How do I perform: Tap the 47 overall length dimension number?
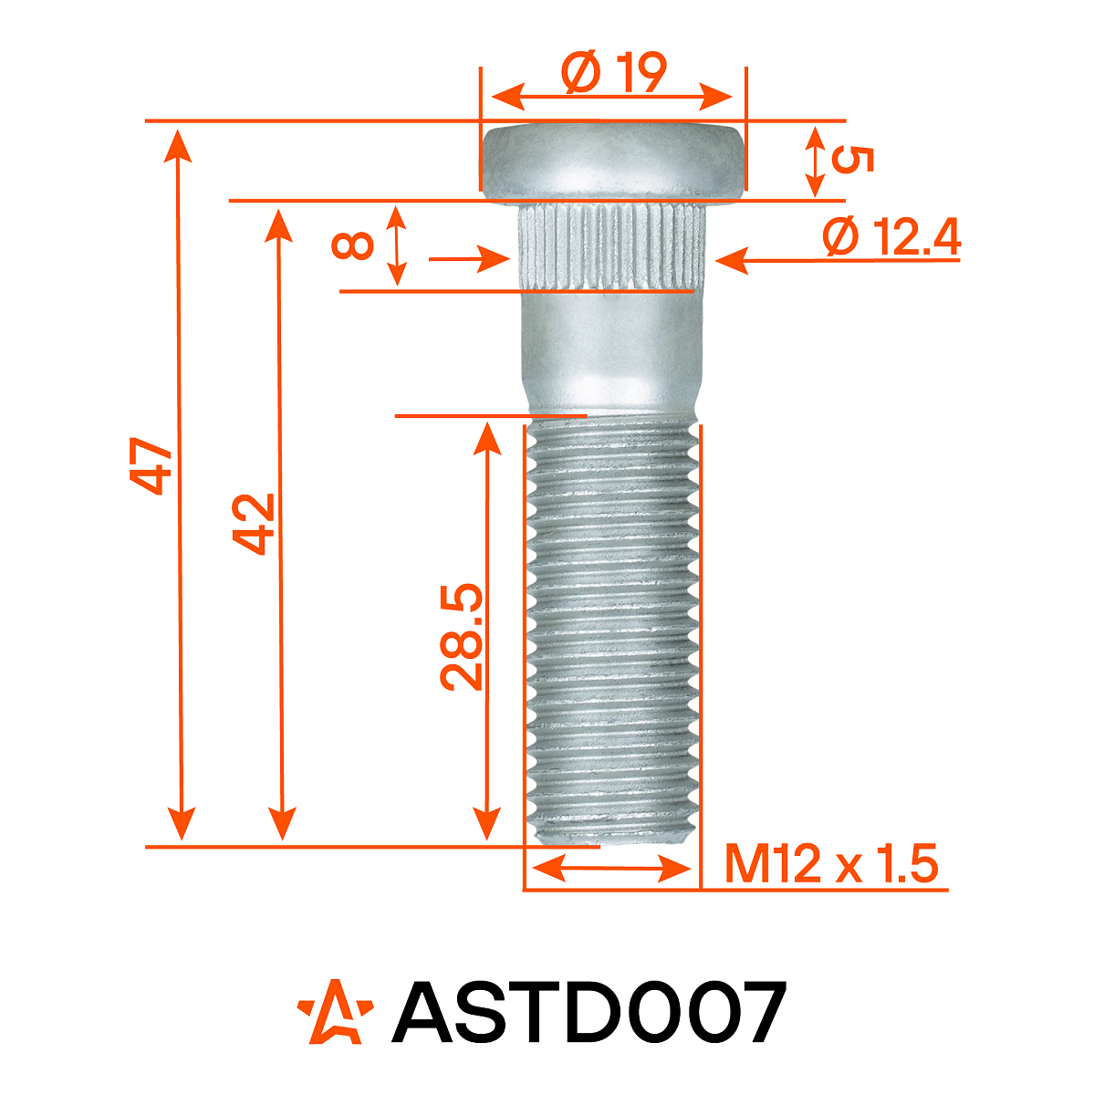(x=151, y=465)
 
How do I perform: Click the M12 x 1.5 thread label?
(x=831, y=863)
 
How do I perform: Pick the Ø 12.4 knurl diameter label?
(x=891, y=238)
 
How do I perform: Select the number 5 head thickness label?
(x=853, y=161)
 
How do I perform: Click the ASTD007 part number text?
(x=589, y=1014)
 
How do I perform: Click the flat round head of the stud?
(x=612, y=161)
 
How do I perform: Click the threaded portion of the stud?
(x=613, y=630)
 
